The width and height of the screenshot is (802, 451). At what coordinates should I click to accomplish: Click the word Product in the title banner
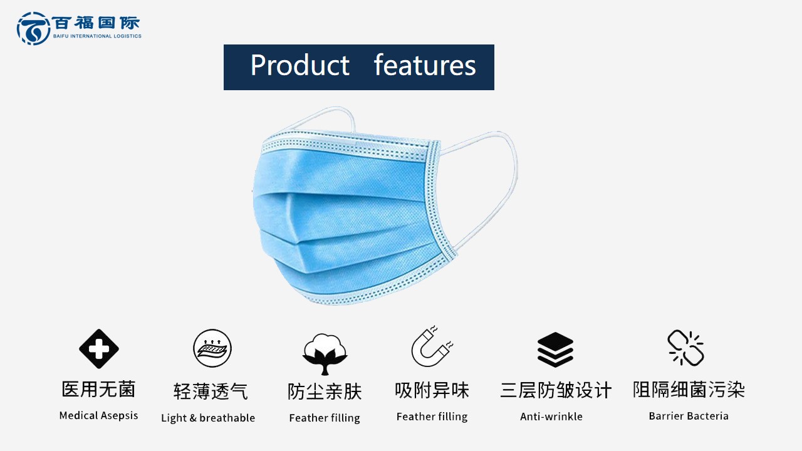pyautogui.click(x=299, y=65)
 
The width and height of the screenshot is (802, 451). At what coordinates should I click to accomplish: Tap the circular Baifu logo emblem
pyautogui.click(x=33, y=28)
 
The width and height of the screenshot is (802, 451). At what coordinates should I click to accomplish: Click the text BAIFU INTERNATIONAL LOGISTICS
pyautogui.click(x=97, y=36)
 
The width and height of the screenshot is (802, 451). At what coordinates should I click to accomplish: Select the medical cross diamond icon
pyautogui.click(x=99, y=349)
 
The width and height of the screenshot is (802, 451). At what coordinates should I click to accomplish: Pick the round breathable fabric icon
pyautogui.click(x=212, y=348)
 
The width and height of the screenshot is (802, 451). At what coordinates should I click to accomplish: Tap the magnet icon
pyautogui.click(x=432, y=346)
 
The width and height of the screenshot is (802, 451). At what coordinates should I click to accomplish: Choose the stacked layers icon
pyautogui.click(x=555, y=350)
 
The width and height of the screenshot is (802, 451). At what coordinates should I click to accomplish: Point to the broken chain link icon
pyautogui.click(x=686, y=348)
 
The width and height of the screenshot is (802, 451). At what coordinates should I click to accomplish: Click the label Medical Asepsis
pyautogui.click(x=98, y=415)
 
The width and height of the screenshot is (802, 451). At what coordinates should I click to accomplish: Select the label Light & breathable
pyautogui.click(x=208, y=418)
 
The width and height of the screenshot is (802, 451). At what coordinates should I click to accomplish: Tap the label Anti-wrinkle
pyautogui.click(x=551, y=417)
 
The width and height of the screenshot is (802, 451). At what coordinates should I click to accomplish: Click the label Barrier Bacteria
pyautogui.click(x=689, y=416)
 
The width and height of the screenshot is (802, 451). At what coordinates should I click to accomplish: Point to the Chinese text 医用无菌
pyautogui.click(x=98, y=389)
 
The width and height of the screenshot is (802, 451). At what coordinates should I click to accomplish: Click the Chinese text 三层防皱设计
pyautogui.click(x=556, y=390)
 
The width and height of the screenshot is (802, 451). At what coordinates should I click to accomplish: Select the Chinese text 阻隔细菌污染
pyautogui.click(x=689, y=390)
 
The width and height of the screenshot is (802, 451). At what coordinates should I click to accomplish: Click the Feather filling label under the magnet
pyautogui.click(x=432, y=417)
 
